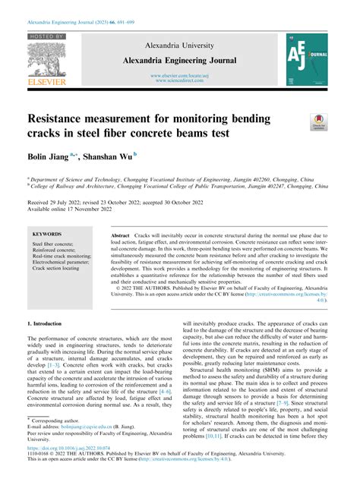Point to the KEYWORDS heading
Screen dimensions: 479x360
click(x=47, y=235)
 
